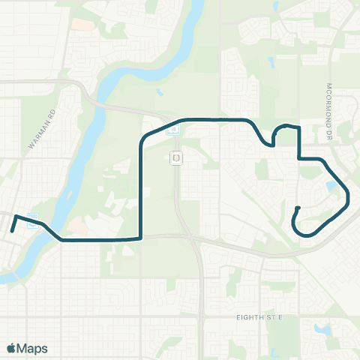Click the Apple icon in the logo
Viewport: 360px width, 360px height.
click(11, 348)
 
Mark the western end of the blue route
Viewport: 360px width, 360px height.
click(13, 232)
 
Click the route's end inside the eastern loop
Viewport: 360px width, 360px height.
click(298, 208)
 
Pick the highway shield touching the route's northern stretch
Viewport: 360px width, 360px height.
click(174, 128)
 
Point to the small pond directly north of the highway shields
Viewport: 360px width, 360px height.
click(160, 93)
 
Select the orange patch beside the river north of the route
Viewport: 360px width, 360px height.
click(76, 224)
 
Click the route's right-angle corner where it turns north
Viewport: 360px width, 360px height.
click(141, 238)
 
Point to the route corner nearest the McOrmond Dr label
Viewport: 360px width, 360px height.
click(299, 127)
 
